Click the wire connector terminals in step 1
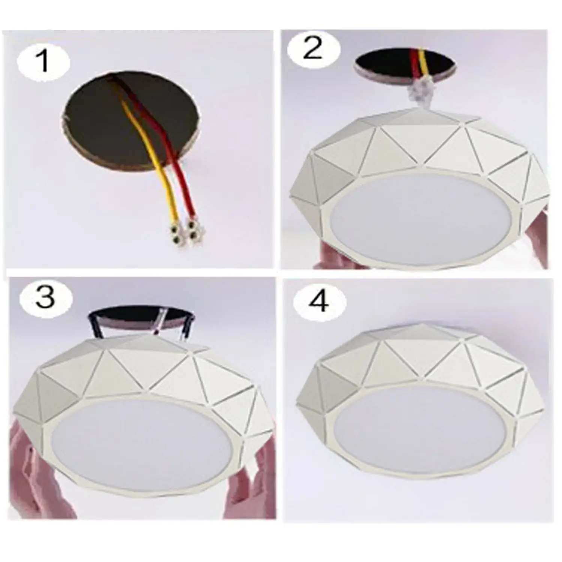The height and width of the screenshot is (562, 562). (184, 233)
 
